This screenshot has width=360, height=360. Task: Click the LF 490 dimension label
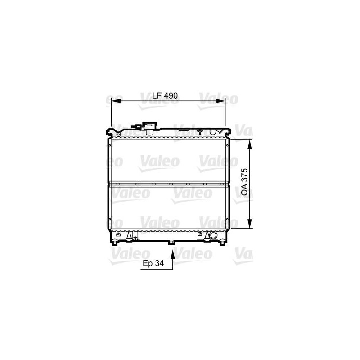coord(165,95)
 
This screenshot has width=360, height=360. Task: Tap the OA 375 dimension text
coord(244,182)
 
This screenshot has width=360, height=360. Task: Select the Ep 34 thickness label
coord(153,263)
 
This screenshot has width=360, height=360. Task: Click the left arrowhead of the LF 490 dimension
coord(116,101)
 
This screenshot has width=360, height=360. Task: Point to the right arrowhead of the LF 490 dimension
coord(220,101)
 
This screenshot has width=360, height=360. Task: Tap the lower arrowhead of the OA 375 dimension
coord(250,224)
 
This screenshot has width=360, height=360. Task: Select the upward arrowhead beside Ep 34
coord(172,255)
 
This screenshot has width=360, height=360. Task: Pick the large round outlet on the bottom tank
coord(213,235)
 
